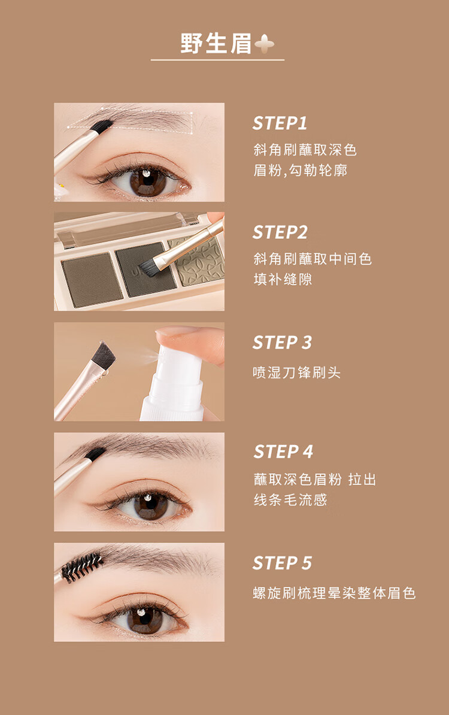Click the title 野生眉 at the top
click(x=216, y=44)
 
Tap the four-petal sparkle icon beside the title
click(x=265, y=44)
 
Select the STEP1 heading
click(x=280, y=123)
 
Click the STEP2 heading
click(x=280, y=232)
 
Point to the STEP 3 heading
click(x=282, y=343)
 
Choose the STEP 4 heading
click(x=283, y=452)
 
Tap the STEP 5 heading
click(x=282, y=563)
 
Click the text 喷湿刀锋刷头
click(x=297, y=372)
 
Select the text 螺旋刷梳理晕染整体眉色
click(x=334, y=593)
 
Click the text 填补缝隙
click(x=283, y=279)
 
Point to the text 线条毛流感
click(x=290, y=499)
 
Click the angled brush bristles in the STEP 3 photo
click(x=104, y=353)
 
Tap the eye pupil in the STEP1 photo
click(x=147, y=182)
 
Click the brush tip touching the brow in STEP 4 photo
click(x=96, y=454)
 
